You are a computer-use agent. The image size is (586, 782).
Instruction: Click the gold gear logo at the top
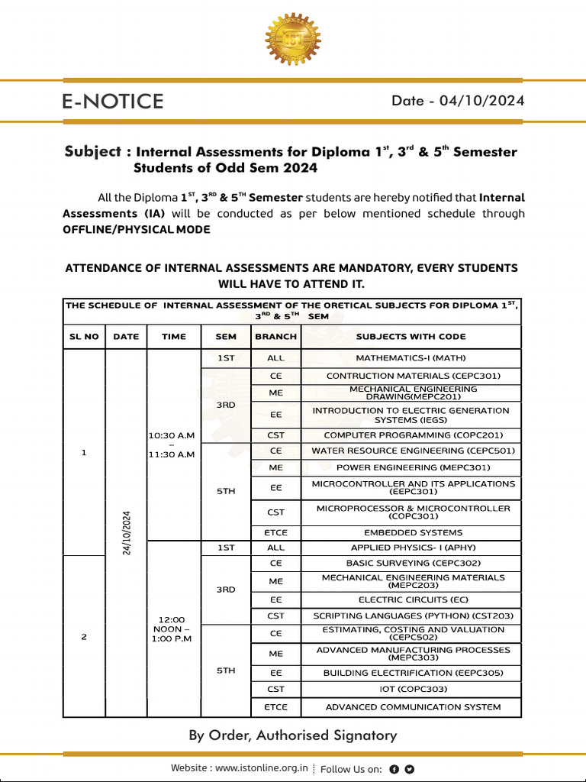[x=293, y=39]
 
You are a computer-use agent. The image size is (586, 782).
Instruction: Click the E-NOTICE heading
[x=113, y=102]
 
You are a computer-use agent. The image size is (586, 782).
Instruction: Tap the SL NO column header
[x=84, y=336]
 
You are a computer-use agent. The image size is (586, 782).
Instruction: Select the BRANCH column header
[x=276, y=336]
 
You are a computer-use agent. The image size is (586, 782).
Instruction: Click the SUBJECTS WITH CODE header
[x=411, y=336]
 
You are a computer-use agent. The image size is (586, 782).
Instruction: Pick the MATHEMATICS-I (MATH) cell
[x=411, y=357]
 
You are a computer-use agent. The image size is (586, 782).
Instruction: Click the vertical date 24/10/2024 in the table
[x=126, y=533]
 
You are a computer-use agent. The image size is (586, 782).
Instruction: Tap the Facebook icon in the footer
[x=394, y=769]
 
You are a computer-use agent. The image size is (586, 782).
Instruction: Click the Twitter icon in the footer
[x=410, y=769]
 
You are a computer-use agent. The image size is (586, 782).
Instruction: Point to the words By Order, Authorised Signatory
[x=293, y=735]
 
